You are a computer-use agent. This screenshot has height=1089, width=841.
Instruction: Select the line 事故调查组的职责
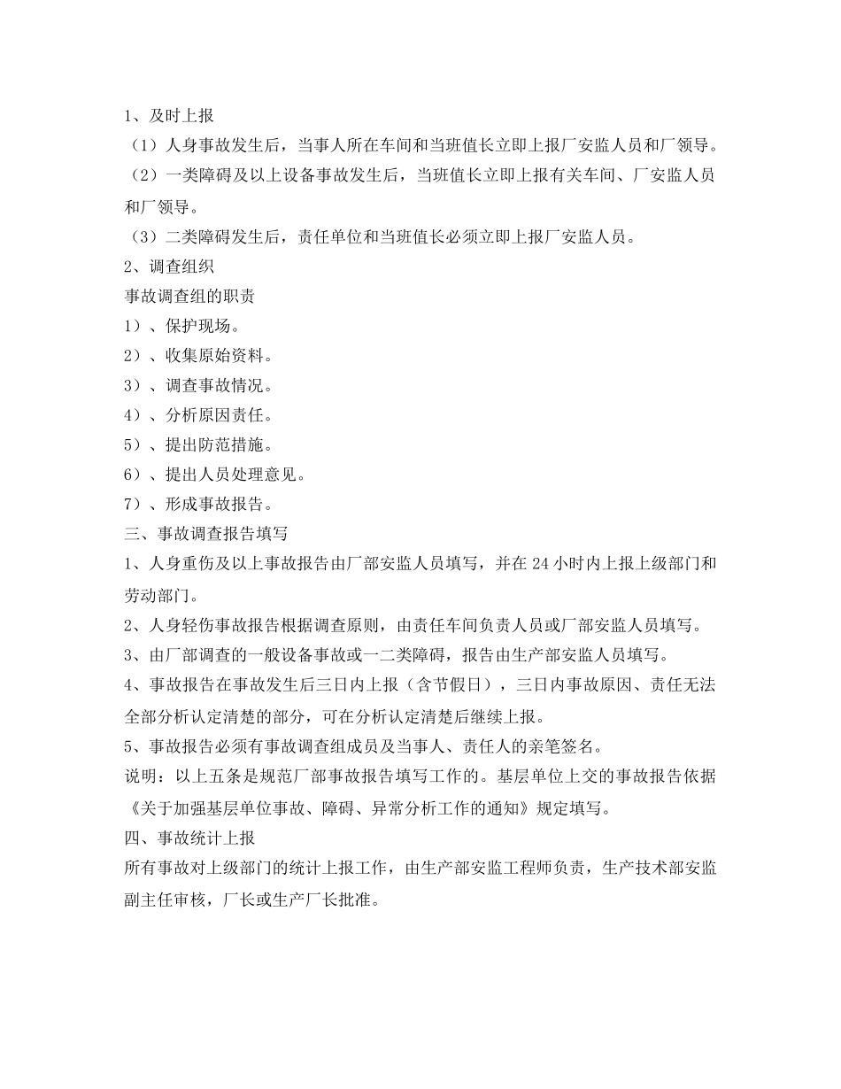click(x=190, y=295)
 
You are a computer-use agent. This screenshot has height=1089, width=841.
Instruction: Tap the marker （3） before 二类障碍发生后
click(x=142, y=236)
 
